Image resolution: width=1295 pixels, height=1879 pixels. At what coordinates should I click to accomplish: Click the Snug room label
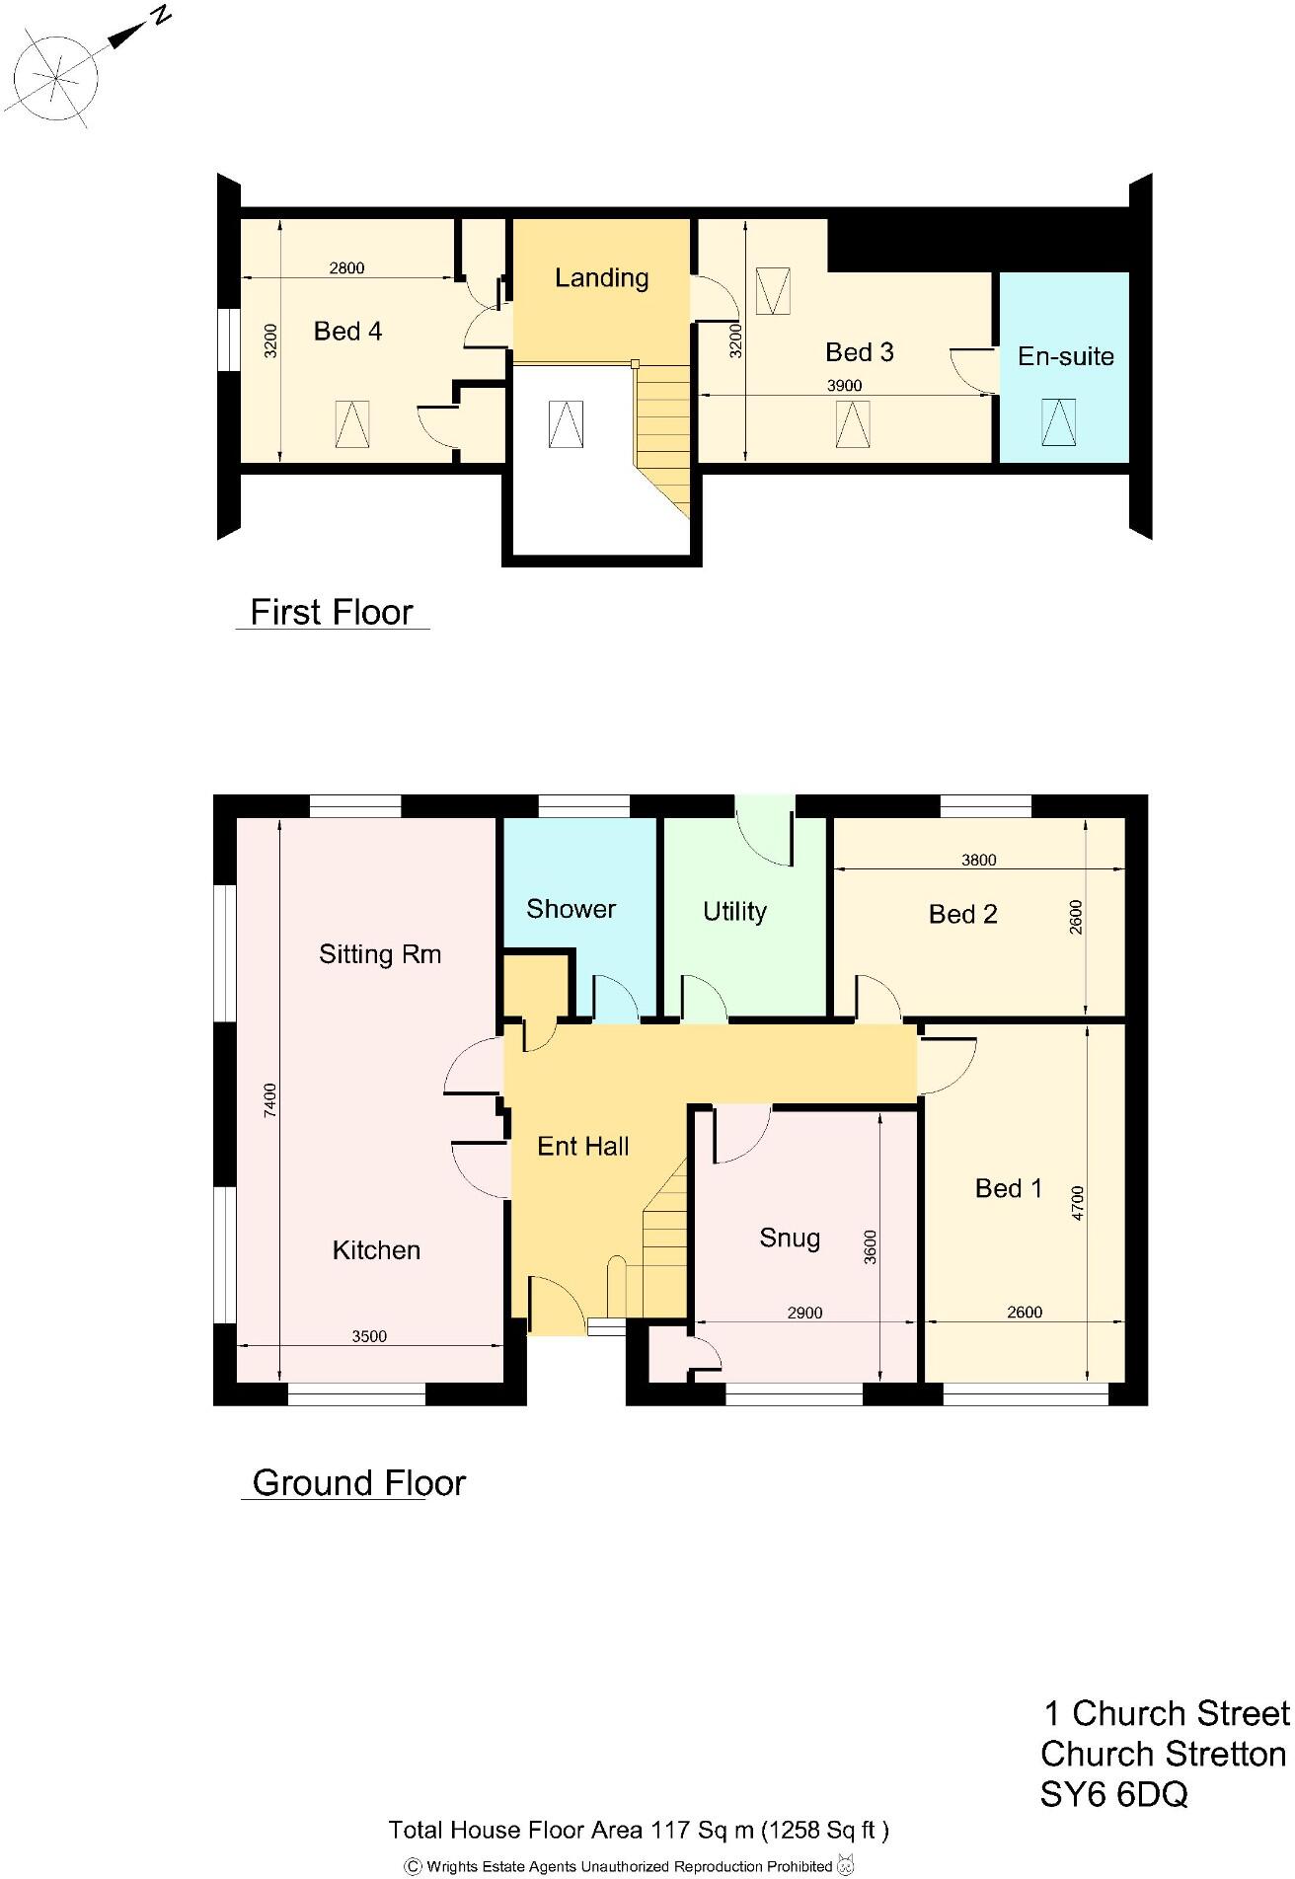790,1239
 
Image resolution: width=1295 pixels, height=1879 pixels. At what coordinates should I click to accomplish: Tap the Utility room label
734,912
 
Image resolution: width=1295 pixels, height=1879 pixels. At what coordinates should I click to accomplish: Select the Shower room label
571,909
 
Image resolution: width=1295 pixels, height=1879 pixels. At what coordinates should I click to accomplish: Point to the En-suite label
1065,356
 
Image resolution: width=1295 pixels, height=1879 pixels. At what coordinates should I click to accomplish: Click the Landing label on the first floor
601,278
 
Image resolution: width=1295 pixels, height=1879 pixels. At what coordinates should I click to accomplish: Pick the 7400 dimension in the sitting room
270,1100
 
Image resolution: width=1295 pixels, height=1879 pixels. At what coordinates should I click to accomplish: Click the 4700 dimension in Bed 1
1077,1203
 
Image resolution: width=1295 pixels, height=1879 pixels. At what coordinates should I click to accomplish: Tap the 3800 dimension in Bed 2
978,860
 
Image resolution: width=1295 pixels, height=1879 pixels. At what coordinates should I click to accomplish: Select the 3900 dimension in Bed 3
844,386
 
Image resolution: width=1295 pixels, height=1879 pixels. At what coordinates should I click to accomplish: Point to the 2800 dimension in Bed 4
346,267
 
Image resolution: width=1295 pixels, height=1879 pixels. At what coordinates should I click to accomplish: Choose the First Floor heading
332,612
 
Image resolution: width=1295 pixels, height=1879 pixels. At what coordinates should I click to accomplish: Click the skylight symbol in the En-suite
1058,421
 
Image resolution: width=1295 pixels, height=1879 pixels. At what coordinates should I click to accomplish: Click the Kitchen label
376,1250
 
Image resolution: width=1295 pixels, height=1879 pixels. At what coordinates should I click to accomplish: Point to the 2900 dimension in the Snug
804,1313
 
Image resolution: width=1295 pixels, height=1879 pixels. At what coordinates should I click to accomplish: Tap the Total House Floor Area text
639,1830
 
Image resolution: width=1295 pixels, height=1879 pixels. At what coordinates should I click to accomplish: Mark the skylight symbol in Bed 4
351,423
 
